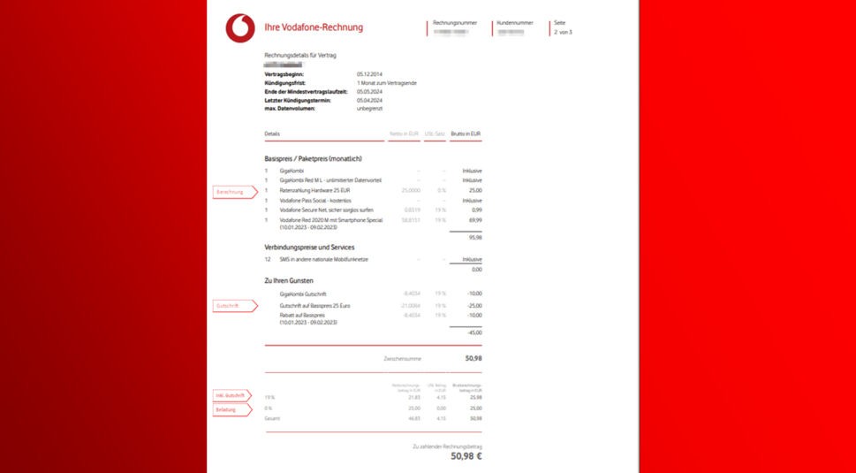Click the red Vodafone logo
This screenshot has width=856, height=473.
(x=239, y=28)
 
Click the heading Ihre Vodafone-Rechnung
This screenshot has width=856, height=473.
(x=314, y=27)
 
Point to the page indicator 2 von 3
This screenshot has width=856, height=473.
(x=563, y=32)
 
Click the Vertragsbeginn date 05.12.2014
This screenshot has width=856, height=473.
(x=369, y=74)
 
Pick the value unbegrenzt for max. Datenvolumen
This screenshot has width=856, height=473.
(x=369, y=108)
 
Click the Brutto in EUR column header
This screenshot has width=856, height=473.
(x=466, y=134)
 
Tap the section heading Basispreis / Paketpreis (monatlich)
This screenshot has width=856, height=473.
(x=313, y=158)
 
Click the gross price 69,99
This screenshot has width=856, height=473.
(x=475, y=220)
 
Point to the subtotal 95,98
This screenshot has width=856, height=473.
(x=475, y=237)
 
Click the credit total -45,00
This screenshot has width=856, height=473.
(x=474, y=332)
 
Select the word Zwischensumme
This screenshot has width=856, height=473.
(x=402, y=359)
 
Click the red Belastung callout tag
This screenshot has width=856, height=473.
(x=231, y=409)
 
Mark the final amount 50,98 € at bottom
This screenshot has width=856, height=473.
(x=466, y=456)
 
